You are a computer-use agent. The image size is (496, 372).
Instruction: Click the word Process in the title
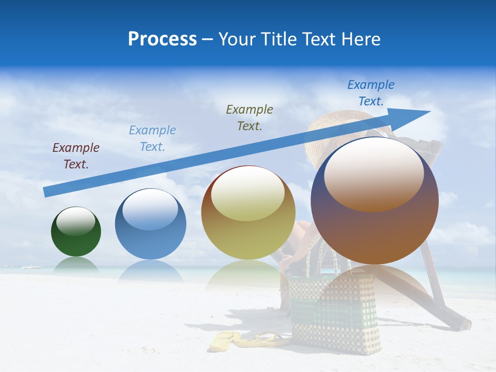click(162, 39)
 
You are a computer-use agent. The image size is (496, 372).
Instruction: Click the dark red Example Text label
click(76, 156)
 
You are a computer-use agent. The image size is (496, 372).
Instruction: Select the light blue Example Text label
click(152, 138)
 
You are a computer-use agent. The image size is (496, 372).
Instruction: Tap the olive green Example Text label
click(250, 118)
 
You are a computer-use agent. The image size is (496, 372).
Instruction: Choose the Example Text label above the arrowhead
click(371, 93)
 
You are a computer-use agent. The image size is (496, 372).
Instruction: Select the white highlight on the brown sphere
click(374, 173)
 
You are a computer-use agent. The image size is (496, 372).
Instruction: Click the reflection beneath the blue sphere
click(150, 271)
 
